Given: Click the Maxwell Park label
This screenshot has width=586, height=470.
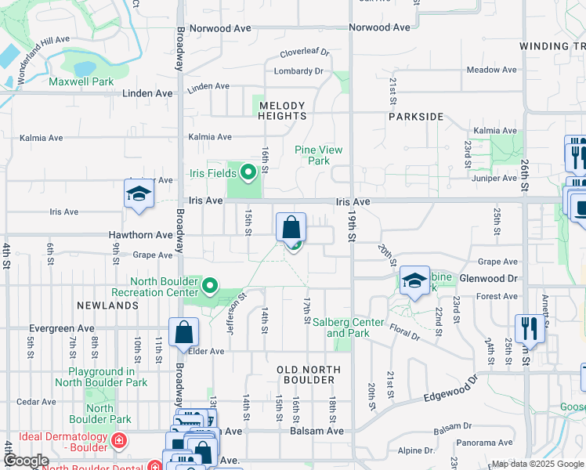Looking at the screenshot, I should tap(81, 81).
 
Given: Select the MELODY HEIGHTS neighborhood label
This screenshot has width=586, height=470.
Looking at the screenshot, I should tap(282, 110).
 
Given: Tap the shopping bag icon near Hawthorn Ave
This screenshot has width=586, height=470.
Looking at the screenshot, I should tap(291, 228).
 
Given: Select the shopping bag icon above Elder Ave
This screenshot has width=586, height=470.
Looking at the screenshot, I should tap(183, 331).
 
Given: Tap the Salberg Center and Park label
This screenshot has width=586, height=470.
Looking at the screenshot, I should tap(349, 327).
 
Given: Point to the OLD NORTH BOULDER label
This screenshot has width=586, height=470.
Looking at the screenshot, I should tap(309, 374).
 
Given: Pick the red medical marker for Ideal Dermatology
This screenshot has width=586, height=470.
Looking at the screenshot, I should tap(119, 440).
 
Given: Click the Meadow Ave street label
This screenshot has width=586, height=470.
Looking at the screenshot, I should tap(491, 70).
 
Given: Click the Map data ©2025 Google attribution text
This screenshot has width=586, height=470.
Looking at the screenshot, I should tap(537, 464).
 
